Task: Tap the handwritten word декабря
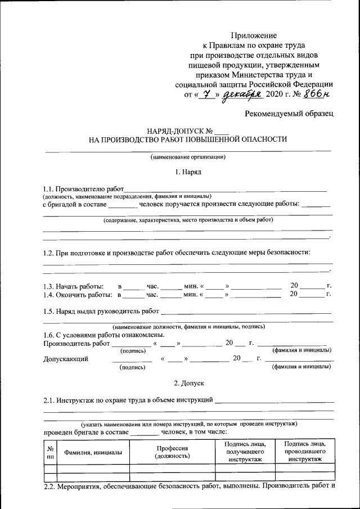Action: click(242, 95)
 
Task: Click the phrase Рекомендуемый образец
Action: click(289, 114)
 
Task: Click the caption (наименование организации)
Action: click(188, 157)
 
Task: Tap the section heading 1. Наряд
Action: click(188, 172)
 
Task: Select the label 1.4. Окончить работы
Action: click(76, 294)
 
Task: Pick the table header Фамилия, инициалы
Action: click(93, 452)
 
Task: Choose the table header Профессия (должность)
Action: click(172, 452)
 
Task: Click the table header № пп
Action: click(50, 452)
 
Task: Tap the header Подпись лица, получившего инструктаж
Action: click(245, 452)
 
